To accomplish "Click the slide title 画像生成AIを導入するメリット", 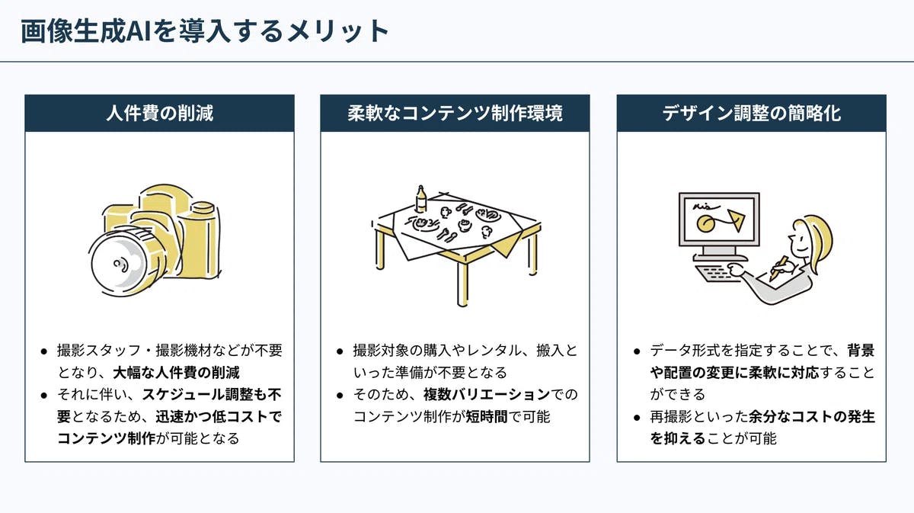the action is coord(204,31).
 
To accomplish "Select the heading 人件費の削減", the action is coord(159,113).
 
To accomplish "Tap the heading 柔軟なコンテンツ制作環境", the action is coord(455,113).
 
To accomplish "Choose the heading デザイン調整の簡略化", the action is coord(751,113).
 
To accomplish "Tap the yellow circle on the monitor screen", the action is coord(705,223).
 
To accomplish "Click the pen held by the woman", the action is coord(778,268).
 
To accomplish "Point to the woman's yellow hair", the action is coord(816,241).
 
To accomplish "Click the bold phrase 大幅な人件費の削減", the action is coord(176,373).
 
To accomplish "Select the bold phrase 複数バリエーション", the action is coord(487,395).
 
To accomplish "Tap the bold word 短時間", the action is coord(487,417).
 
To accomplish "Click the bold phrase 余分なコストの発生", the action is coord(812,417).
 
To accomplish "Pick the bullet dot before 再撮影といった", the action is coord(637,418).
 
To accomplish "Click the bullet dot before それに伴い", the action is coord(44,396).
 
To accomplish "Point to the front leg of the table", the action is coord(462,283).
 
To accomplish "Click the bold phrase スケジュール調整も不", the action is coord(212,395).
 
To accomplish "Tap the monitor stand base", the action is coord(721,258).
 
